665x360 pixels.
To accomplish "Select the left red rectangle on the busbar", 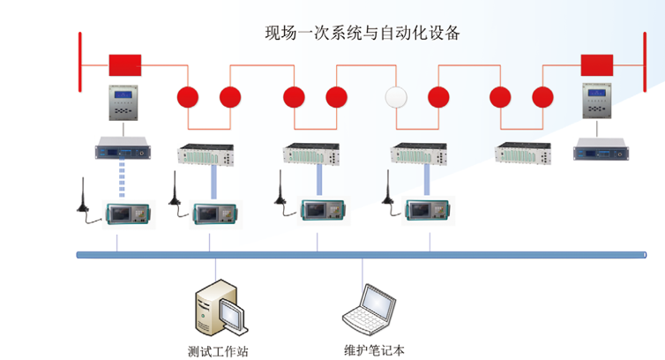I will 124,64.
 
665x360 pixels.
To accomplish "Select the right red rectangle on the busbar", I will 597,64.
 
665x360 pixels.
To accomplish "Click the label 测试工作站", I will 218,350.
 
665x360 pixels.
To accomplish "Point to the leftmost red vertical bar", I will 80,61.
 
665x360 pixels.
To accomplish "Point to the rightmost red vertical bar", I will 641,61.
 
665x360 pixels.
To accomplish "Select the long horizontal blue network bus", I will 362,255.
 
